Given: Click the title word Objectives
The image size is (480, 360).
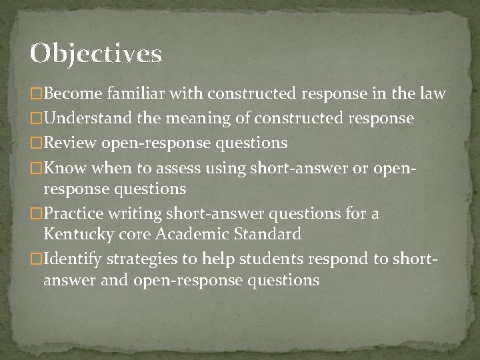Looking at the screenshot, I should (95, 54).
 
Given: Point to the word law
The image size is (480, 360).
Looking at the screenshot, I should (431, 94).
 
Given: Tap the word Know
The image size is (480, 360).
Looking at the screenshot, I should (62, 167).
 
